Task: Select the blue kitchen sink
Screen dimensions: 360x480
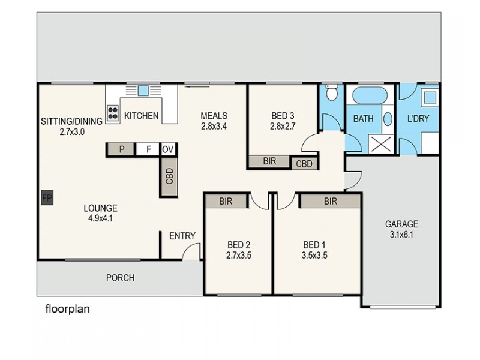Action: click(143, 91)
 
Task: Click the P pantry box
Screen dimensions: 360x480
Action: click(122, 150)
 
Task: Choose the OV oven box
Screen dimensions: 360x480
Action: click(168, 150)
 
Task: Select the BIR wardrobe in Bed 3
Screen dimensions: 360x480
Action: click(269, 161)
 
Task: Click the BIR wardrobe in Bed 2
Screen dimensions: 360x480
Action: click(226, 202)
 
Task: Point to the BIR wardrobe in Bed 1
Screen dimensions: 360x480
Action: click(330, 202)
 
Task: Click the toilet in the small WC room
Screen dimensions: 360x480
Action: click(331, 94)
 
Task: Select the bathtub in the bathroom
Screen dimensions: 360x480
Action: click(370, 96)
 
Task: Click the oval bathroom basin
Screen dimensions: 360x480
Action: click(387, 118)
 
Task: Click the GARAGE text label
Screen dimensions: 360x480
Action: click(401, 224)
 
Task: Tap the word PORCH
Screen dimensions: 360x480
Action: click(120, 278)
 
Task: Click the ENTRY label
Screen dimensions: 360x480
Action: click(182, 236)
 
